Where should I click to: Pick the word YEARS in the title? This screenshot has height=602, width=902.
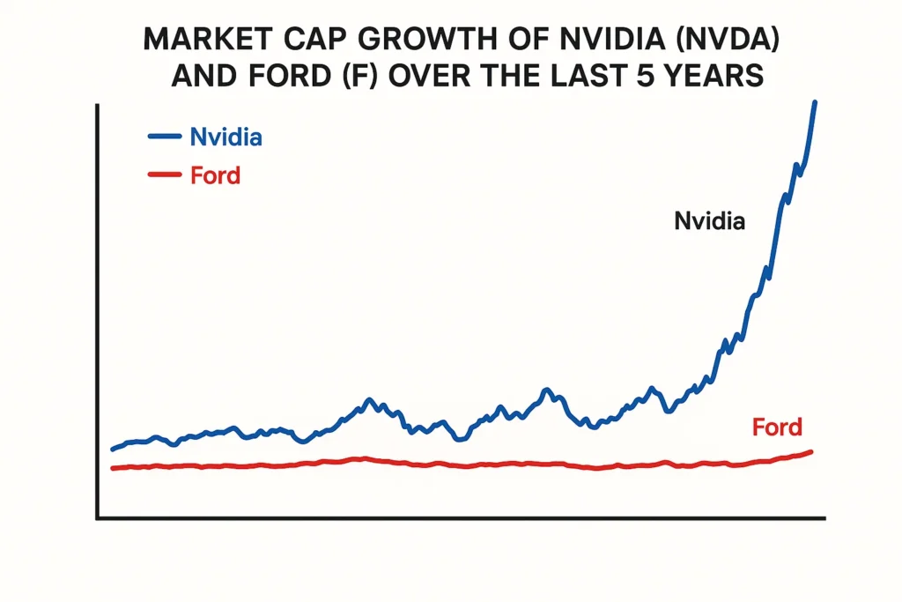[718, 77]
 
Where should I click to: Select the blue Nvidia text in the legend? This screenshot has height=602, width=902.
[226, 137]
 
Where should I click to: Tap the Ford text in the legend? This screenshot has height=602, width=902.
[215, 175]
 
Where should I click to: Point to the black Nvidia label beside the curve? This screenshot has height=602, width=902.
[709, 221]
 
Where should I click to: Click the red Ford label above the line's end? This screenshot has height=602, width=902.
[777, 428]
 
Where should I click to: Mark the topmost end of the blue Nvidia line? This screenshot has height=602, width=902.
[815, 103]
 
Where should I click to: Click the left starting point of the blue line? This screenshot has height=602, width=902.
[113, 449]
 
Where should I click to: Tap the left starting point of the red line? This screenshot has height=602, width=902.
[113, 468]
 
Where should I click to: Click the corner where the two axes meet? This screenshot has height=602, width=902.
[99, 517]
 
